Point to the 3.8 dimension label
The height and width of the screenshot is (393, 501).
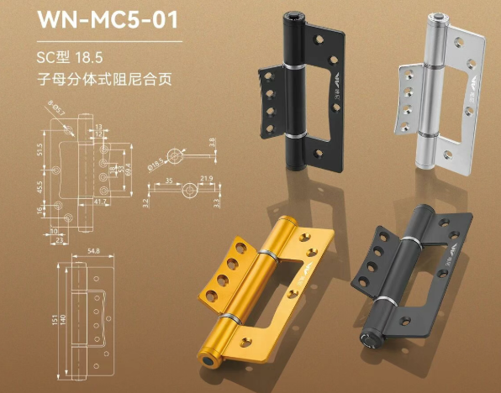click(x=212, y=143)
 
